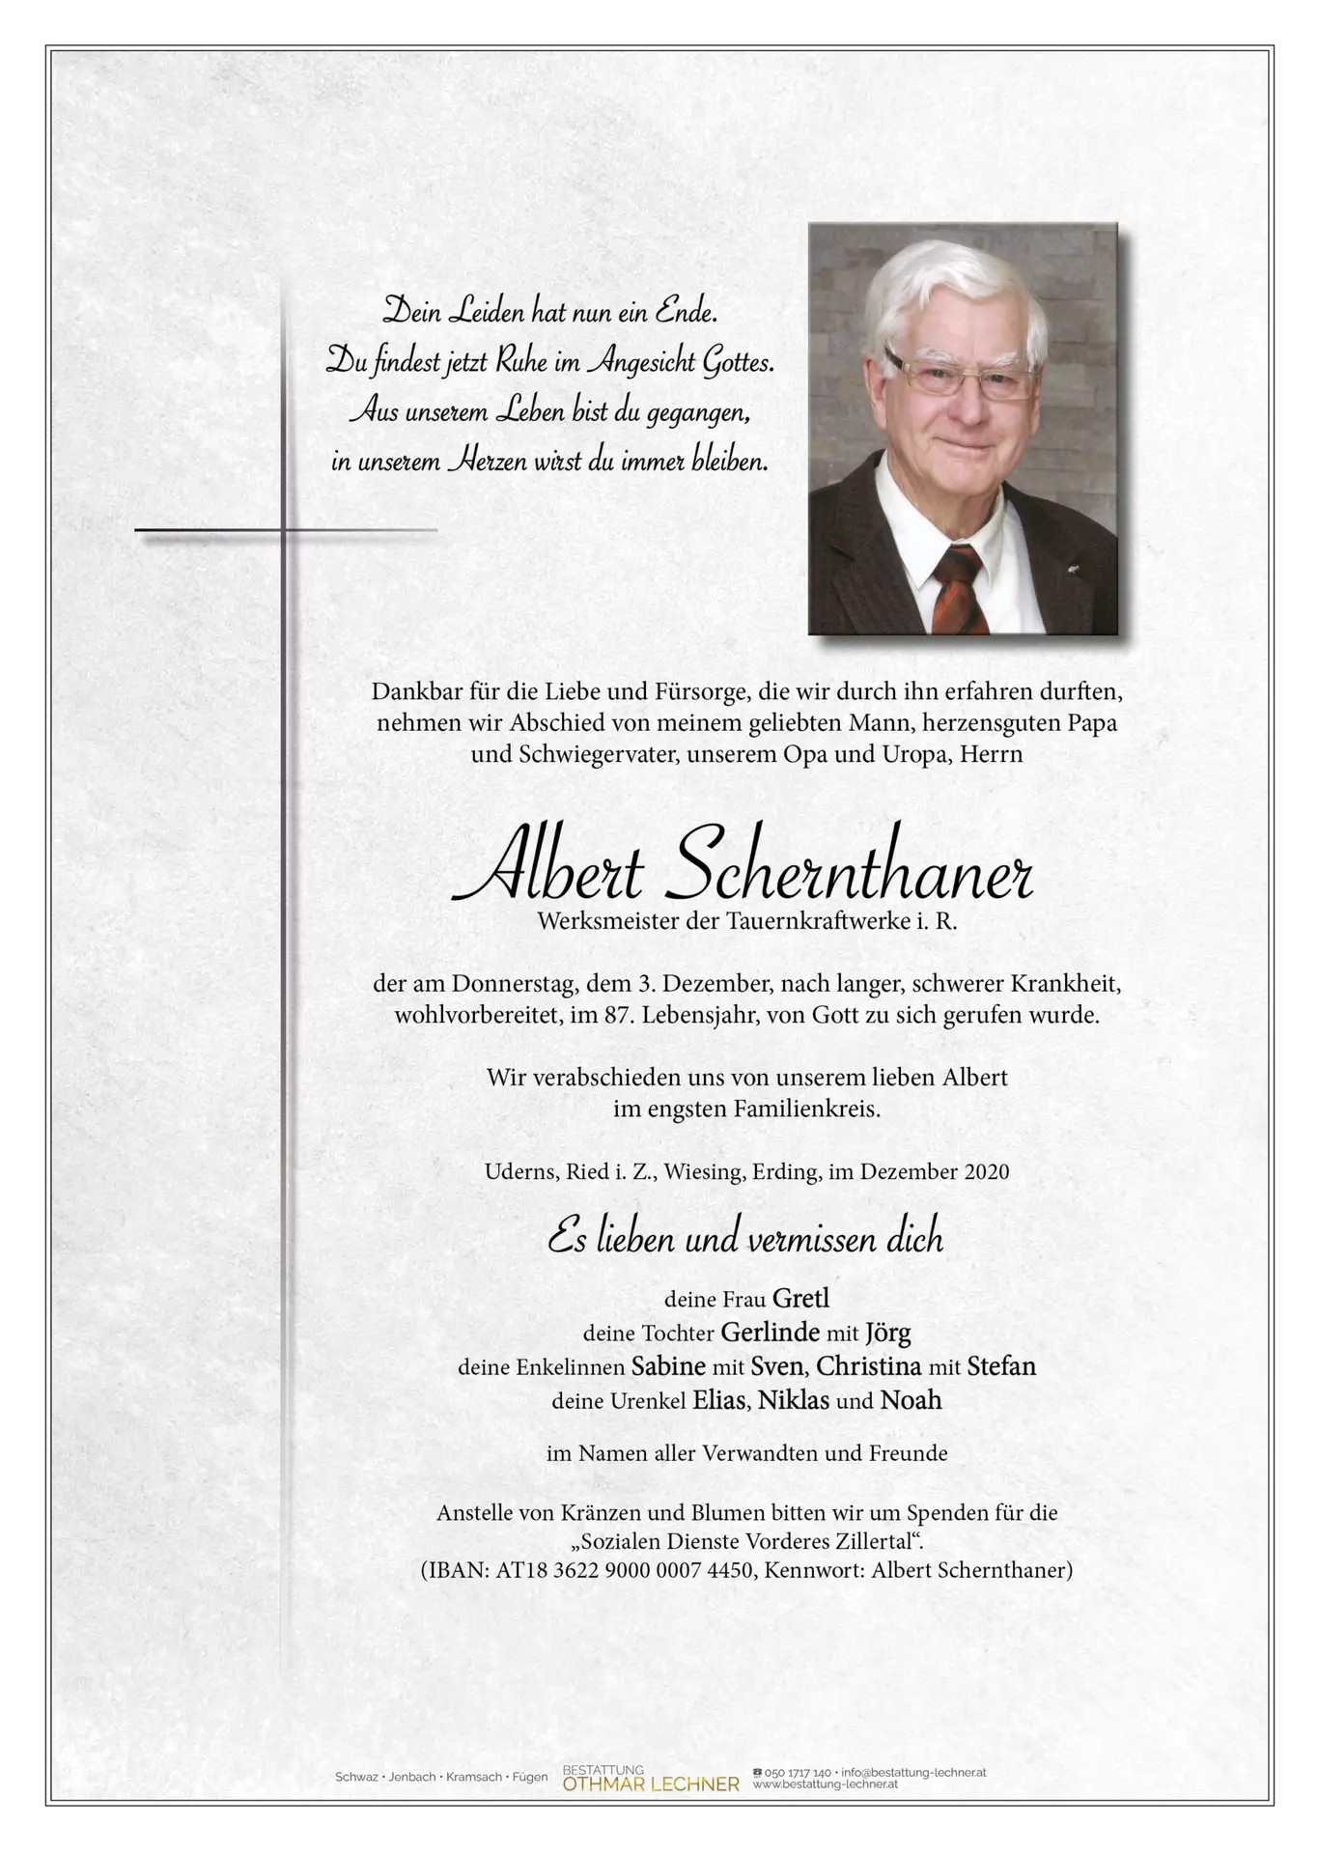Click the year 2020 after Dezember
[986, 1172]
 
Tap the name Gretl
[800, 1299]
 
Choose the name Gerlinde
[770, 1333]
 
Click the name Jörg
[887, 1333]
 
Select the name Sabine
[668, 1366]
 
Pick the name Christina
[869, 1366]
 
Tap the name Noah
[911, 1400]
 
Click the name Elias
[719, 1400]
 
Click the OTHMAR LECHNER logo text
[651, 1784]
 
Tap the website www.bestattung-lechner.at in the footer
[826, 1784]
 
